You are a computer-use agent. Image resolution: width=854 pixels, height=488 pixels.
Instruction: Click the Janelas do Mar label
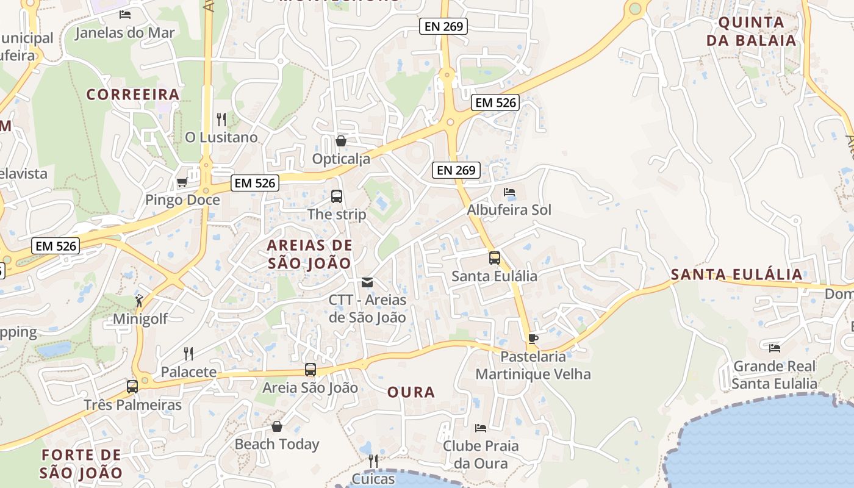pyautogui.click(x=124, y=33)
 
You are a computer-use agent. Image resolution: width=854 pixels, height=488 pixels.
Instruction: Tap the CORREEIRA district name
pyautogui.click(x=133, y=95)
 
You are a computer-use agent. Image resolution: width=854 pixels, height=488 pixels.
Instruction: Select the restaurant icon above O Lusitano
pyautogui.click(x=221, y=119)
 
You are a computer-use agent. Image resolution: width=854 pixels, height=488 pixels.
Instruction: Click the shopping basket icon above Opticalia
pyautogui.click(x=341, y=141)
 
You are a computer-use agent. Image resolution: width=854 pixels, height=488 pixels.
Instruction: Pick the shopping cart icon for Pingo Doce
pyautogui.click(x=182, y=182)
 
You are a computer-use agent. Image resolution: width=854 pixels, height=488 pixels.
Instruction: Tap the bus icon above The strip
pyautogui.click(x=337, y=196)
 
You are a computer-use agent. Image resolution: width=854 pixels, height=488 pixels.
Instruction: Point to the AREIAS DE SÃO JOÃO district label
pyautogui.click(x=310, y=254)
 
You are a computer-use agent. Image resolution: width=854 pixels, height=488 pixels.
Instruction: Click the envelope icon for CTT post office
pyautogui.click(x=367, y=282)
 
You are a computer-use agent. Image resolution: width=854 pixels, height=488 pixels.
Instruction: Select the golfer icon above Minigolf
pyautogui.click(x=140, y=301)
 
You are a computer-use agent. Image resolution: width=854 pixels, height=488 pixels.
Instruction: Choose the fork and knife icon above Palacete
pyautogui.click(x=188, y=353)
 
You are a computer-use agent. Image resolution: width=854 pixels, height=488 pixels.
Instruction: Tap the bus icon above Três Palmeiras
pyautogui.click(x=132, y=386)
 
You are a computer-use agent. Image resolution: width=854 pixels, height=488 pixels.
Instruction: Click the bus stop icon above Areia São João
pyautogui.click(x=310, y=370)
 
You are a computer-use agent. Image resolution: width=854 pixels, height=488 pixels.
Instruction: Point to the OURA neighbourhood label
pyautogui.click(x=411, y=392)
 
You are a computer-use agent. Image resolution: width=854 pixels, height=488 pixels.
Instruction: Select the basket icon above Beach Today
pyautogui.click(x=277, y=426)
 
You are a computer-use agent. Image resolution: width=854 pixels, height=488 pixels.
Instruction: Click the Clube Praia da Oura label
pyautogui.click(x=481, y=454)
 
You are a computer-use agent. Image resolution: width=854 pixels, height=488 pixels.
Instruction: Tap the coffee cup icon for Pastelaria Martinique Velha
pyautogui.click(x=533, y=339)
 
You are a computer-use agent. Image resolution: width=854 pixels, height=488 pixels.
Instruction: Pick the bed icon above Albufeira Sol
pyautogui.click(x=509, y=192)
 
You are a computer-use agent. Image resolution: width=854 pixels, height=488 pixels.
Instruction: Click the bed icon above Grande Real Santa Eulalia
pyautogui.click(x=775, y=348)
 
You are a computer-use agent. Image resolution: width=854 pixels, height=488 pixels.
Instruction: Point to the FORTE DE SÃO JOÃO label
pyautogui.click(x=81, y=464)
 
